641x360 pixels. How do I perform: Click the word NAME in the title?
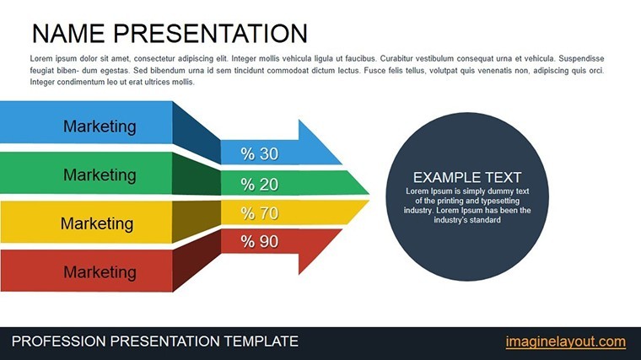pos(68,34)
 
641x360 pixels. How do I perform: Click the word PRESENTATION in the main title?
pos(210,34)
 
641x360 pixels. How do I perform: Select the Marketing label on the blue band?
pos(100,126)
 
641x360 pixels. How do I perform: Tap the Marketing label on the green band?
pos(100,175)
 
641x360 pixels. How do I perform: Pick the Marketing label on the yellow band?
pos(97,223)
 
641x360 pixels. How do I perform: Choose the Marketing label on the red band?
pos(100,272)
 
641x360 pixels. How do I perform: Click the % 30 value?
pos(260,154)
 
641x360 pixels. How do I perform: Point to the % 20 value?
pos(260,185)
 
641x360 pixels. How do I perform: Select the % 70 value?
pos(260,213)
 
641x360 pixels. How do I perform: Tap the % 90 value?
pos(260,241)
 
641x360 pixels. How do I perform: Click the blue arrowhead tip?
pos(342,164)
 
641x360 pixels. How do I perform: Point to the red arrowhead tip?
pos(342,229)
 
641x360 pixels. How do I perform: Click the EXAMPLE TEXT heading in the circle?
pos(467,177)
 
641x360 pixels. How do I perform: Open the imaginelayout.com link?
pos(565,341)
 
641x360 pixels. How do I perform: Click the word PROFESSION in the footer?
pos(59,341)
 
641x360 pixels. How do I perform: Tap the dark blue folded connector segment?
pos(197,133)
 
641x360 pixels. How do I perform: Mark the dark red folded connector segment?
pos(197,261)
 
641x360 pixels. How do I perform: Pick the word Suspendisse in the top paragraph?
pos(581,58)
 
